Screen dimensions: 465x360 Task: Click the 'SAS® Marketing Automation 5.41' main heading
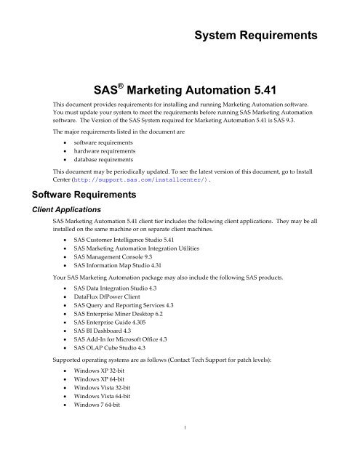[x=180, y=93]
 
